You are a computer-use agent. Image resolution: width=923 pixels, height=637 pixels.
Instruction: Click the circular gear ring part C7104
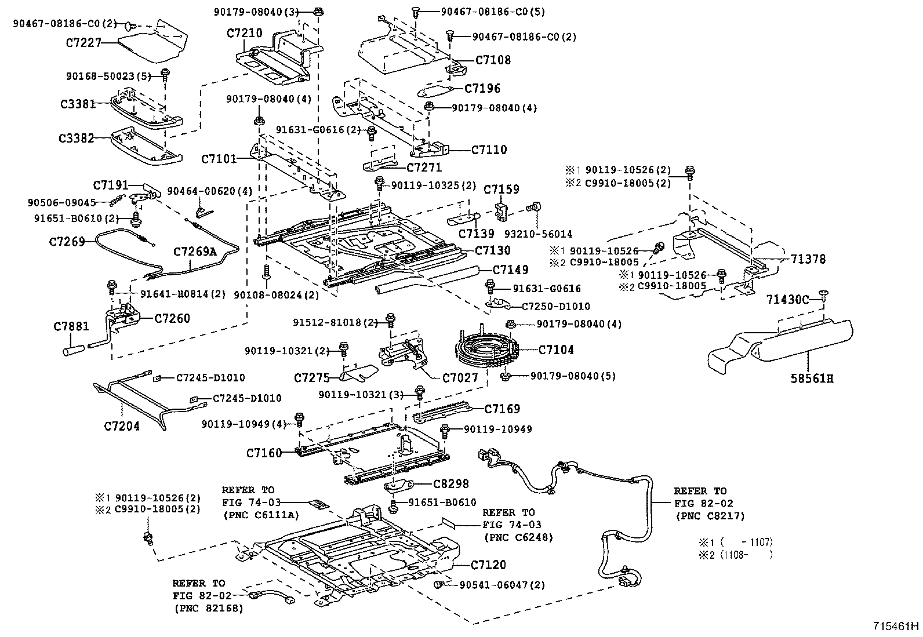tap(484, 349)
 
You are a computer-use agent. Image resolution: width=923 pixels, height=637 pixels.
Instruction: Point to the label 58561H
tap(812, 379)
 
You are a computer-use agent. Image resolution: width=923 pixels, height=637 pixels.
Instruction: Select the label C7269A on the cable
tap(194, 252)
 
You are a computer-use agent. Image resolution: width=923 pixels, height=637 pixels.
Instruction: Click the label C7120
tap(488, 565)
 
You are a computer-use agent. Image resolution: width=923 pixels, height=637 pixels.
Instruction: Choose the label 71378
tap(804, 259)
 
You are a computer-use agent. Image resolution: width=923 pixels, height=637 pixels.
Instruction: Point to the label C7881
tap(71, 326)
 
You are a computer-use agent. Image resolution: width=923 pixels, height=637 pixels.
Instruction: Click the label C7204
tap(122, 426)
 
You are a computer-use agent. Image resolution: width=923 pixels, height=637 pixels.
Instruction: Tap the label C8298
tap(451, 483)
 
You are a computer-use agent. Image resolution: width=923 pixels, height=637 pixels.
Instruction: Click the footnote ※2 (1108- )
tap(735, 555)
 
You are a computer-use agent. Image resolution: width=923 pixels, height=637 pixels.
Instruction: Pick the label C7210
tap(244, 33)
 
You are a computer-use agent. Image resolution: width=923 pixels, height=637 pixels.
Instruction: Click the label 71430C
tap(787, 299)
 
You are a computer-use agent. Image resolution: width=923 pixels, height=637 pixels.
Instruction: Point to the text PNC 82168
tap(208, 608)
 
